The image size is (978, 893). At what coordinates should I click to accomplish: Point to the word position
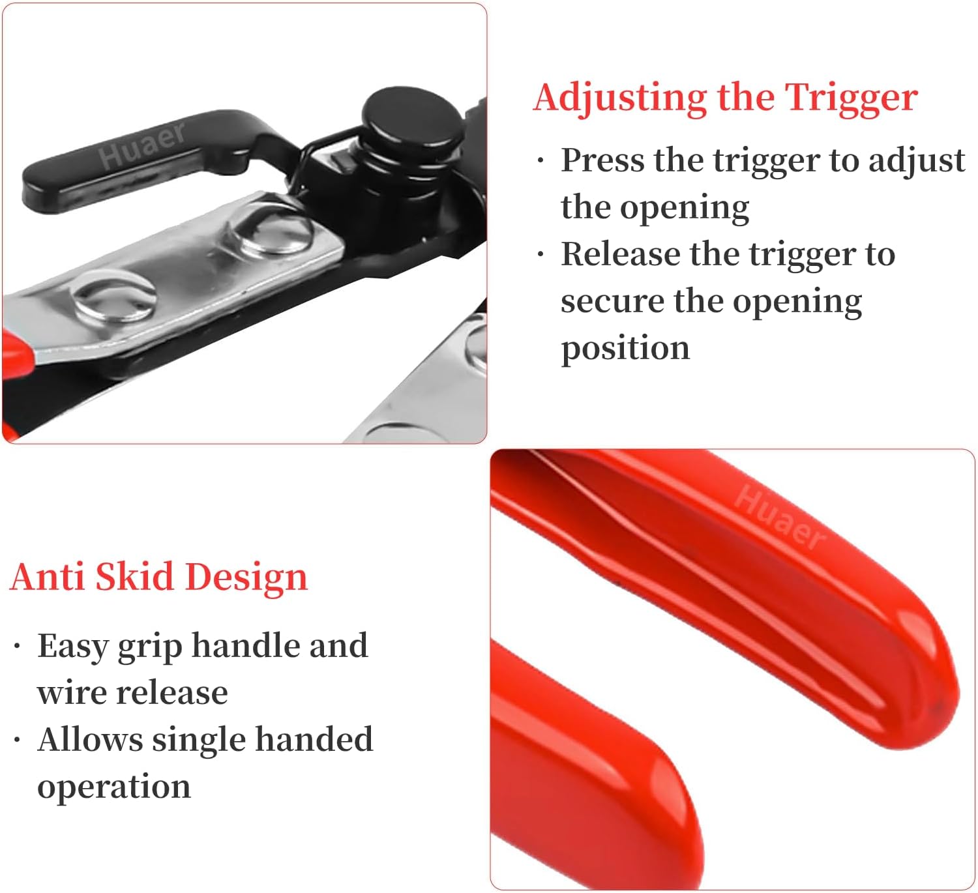(x=625, y=349)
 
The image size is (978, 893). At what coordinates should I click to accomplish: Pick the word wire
(x=70, y=693)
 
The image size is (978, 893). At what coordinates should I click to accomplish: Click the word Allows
(x=90, y=739)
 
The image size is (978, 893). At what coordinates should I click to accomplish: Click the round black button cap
(x=413, y=117)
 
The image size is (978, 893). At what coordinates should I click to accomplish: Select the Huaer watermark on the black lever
(x=142, y=145)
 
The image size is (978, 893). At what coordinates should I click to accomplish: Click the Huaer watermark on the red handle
(x=779, y=517)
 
